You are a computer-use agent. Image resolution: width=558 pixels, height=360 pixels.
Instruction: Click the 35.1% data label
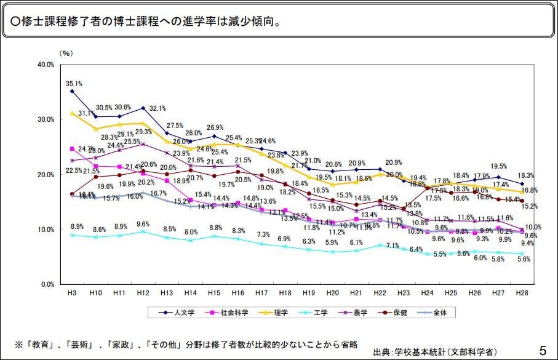(x=75, y=84)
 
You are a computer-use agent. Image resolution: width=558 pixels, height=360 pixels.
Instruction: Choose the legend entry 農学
(x=361, y=313)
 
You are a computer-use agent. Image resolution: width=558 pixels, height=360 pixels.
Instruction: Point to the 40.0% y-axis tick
(x=46, y=65)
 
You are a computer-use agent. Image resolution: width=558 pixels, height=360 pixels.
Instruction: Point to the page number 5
(x=542, y=351)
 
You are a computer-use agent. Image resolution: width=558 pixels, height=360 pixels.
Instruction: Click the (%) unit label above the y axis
(x=66, y=54)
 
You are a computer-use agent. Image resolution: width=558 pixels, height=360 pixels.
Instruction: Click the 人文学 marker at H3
(x=72, y=91)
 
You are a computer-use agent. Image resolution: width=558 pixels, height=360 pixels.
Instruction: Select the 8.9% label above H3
(x=76, y=226)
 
